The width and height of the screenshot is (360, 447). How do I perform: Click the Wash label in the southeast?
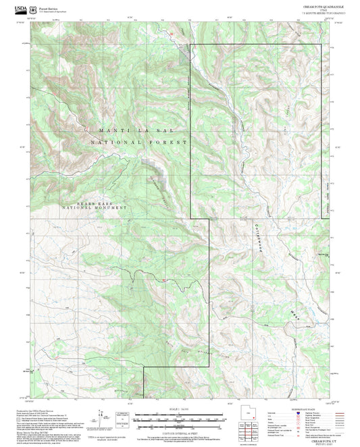tap(294, 312)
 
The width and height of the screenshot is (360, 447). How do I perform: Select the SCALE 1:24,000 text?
tap(180, 410)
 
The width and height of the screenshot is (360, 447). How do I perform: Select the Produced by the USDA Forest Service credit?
tap(47, 410)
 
